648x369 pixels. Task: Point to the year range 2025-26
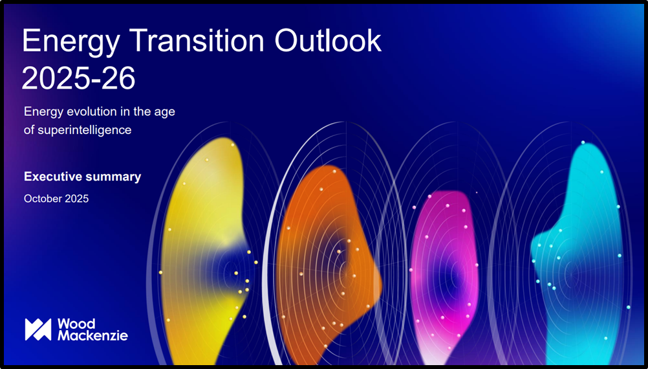(x=78, y=78)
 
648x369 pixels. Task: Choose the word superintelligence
(x=84, y=130)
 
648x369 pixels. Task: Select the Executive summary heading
(x=82, y=177)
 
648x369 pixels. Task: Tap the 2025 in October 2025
(x=77, y=199)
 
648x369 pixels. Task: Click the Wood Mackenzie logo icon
(x=38, y=330)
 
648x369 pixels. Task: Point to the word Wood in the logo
(x=76, y=324)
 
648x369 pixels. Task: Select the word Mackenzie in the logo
(x=92, y=335)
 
